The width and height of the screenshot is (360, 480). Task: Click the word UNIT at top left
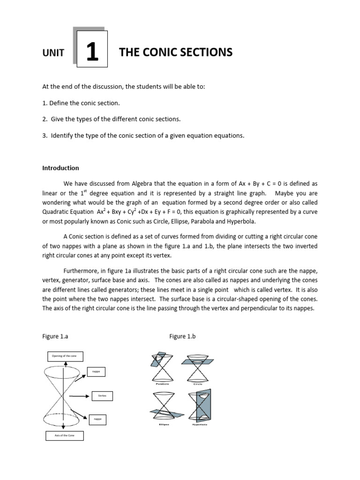(53, 53)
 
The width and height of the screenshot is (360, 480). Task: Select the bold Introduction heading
(61, 168)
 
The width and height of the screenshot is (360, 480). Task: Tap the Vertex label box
(102, 396)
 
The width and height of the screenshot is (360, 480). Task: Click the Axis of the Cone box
(65, 436)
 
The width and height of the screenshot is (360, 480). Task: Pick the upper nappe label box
(97, 372)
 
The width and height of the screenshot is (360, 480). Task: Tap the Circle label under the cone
(198, 383)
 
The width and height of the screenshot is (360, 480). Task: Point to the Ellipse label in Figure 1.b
(162, 425)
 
